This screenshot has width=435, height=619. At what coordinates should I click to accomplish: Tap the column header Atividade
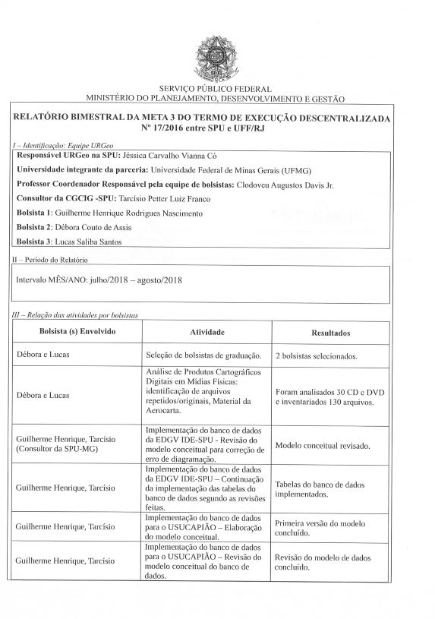coord(206,333)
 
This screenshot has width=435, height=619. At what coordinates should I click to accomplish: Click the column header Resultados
coord(330,333)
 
